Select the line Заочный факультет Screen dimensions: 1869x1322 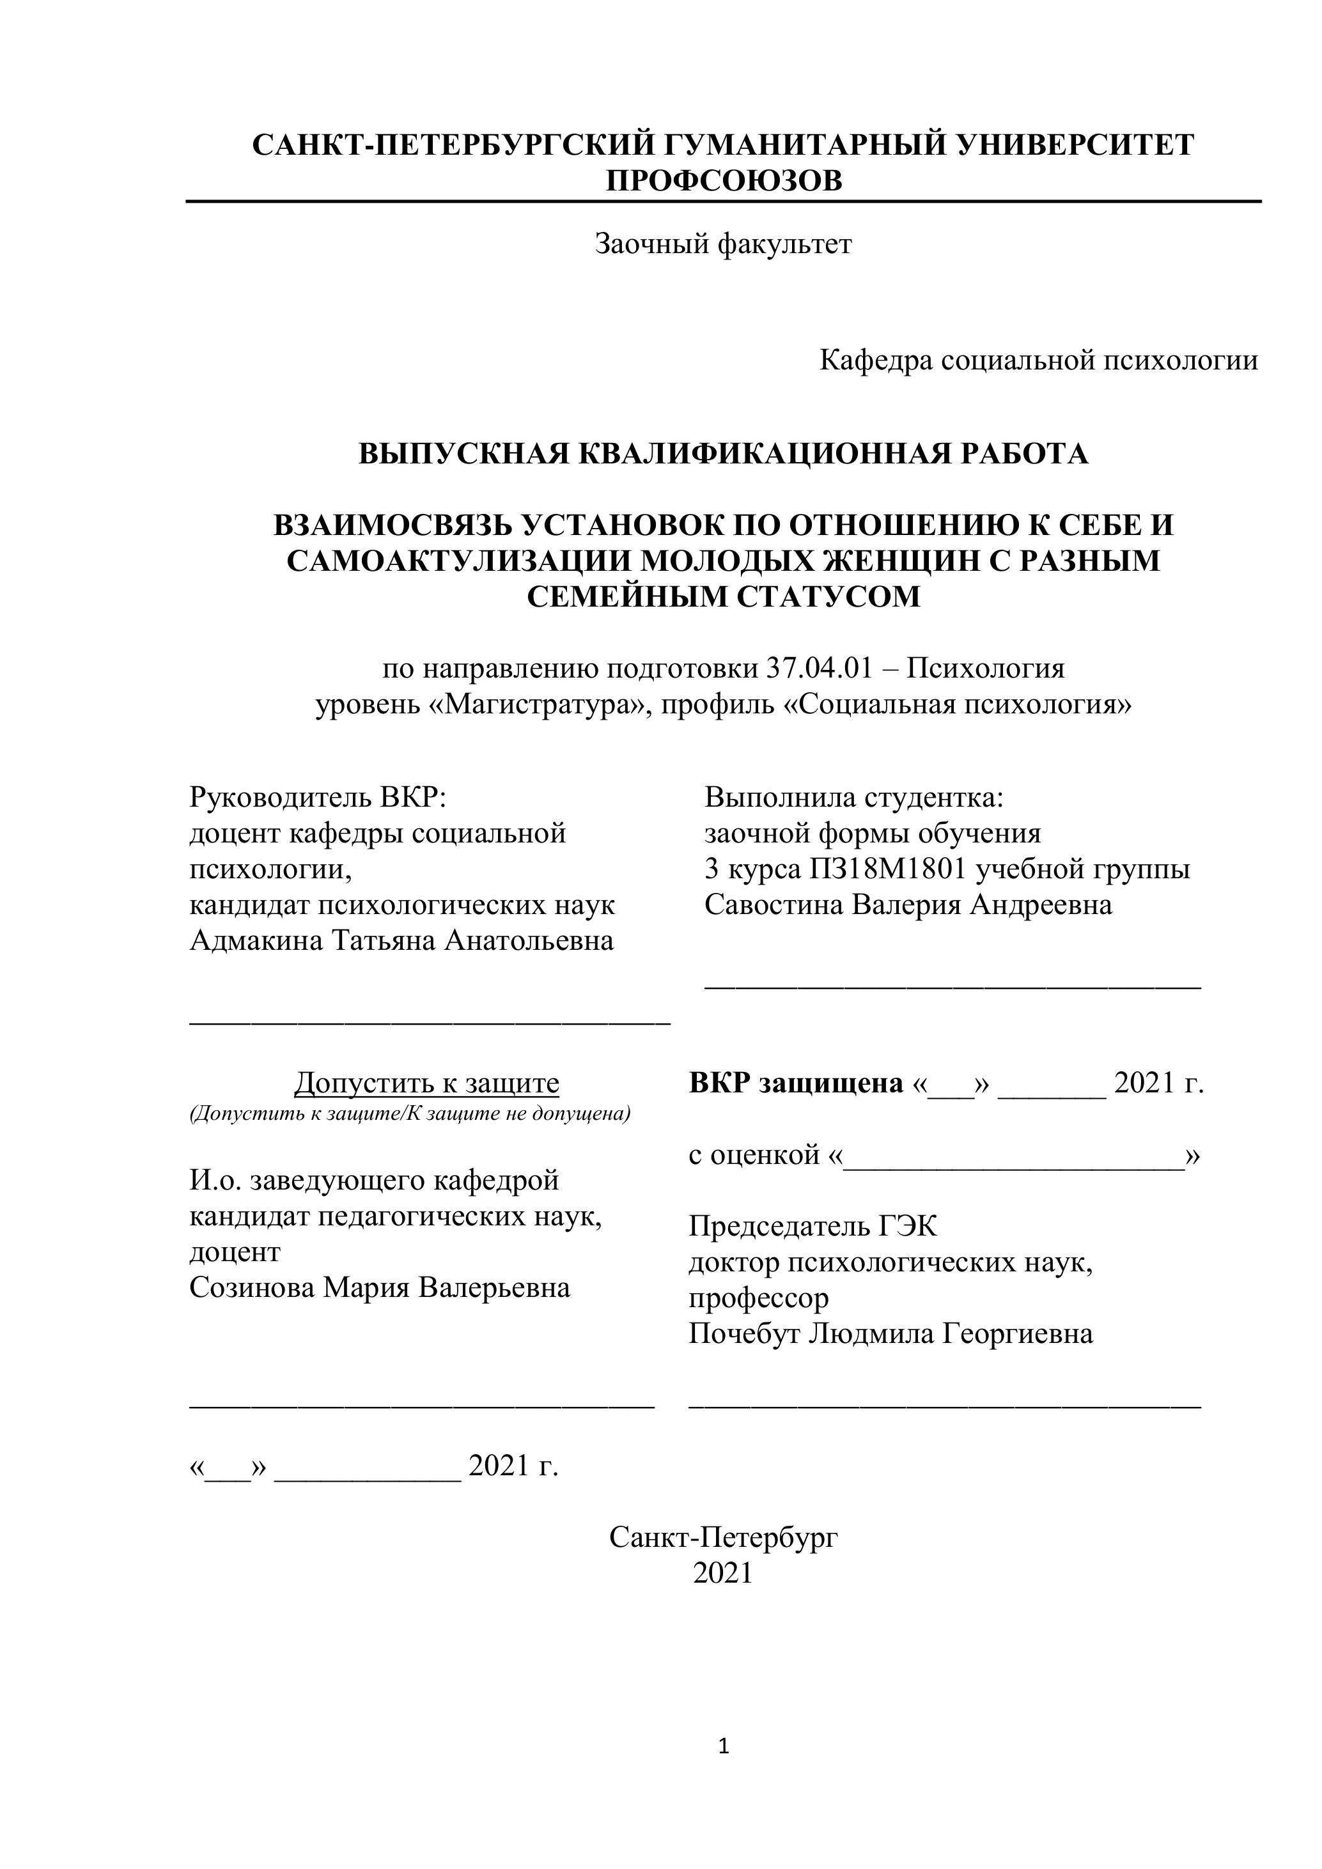(723, 244)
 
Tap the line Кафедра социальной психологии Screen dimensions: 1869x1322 (1038, 360)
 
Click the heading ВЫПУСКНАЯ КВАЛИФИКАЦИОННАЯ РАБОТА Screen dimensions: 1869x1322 (723, 453)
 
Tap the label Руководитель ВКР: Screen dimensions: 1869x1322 (318, 797)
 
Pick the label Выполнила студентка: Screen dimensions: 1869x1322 (854, 797)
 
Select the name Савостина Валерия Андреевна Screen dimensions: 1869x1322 (908, 904)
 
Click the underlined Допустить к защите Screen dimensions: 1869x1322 (426, 1083)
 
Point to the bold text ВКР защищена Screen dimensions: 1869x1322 (796, 1083)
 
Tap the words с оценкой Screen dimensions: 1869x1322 (754, 1154)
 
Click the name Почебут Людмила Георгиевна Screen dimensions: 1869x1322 (890, 1333)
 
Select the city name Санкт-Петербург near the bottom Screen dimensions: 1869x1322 (723, 1537)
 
